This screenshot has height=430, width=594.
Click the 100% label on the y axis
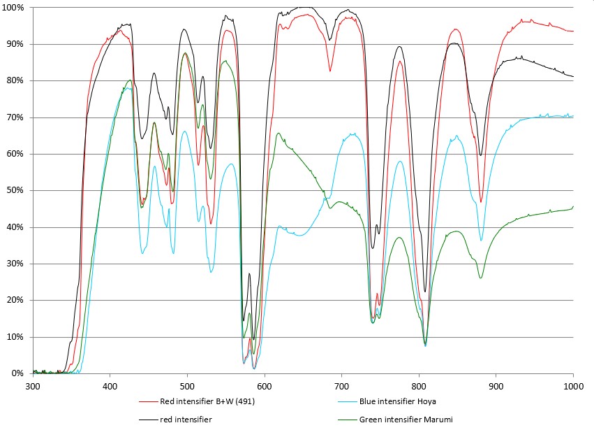[x=14, y=8]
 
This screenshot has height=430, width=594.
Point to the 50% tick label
[x=16, y=190]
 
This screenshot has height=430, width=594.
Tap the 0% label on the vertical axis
[x=18, y=373]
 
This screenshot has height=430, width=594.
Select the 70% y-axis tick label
[x=16, y=117]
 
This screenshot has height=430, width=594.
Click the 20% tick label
[x=16, y=300]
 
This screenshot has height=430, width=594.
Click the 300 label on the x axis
[x=33, y=385]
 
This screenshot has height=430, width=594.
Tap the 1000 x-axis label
[x=572, y=385]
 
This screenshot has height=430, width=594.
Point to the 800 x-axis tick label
[x=419, y=385]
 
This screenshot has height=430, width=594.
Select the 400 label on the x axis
[x=110, y=385]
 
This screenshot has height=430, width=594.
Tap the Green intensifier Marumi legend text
[x=403, y=420]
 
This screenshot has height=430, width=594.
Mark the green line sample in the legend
[x=342, y=420]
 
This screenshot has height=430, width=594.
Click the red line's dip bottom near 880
[x=481, y=202]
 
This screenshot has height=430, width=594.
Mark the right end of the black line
[x=573, y=76]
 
